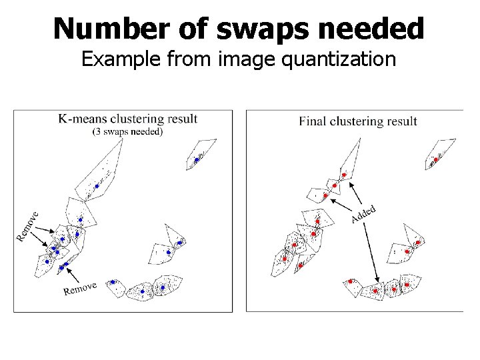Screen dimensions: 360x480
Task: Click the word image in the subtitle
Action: (253, 60)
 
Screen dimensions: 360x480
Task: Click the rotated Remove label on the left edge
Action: (27, 225)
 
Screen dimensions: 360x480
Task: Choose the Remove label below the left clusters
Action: (80, 289)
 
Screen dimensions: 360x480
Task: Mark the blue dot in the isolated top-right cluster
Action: (196, 160)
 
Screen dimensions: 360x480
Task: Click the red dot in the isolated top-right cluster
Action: (436, 159)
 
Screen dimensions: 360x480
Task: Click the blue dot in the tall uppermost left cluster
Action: (97, 186)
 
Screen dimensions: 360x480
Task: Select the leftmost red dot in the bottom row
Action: (350, 282)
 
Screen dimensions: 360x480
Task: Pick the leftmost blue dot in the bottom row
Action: (112, 282)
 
